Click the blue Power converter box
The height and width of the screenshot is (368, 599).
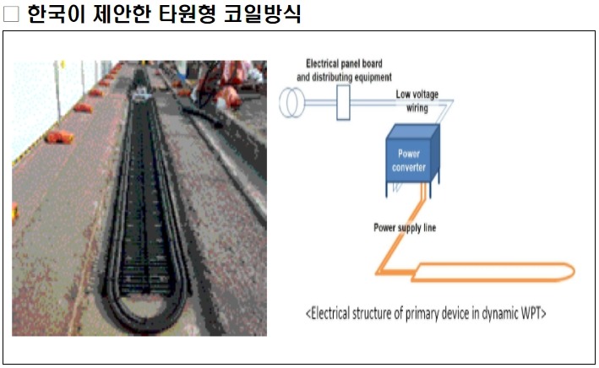click(412, 157)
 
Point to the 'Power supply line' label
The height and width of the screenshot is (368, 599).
click(406, 228)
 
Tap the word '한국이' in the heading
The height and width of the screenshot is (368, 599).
click(53, 15)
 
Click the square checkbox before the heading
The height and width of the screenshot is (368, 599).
click(11, 15)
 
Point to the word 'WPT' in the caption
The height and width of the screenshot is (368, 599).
click(530, 314)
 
